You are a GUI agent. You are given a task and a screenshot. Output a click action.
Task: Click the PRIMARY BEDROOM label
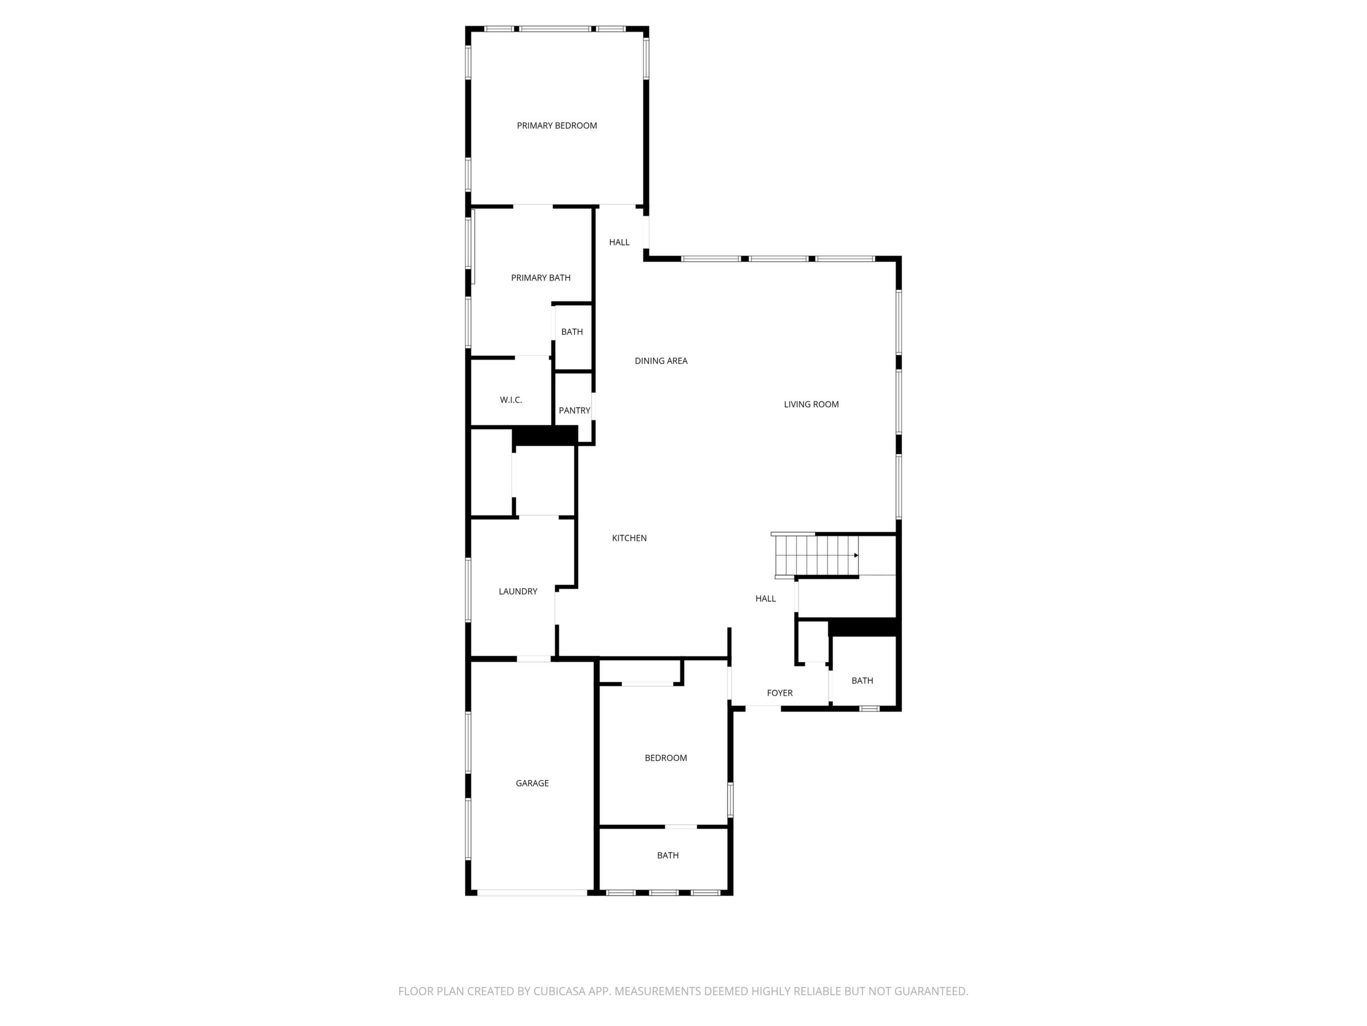(x=557, y=126)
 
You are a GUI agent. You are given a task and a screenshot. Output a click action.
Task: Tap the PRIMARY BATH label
(x=541, y=278)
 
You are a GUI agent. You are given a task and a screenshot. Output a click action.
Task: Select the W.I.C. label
(x=511, y=400)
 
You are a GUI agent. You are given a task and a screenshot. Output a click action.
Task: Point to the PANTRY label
(x=575, y=411)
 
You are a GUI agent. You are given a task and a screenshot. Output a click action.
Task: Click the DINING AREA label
(x=661, y=361)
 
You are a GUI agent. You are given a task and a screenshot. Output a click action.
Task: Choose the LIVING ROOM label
(x=812, y=404)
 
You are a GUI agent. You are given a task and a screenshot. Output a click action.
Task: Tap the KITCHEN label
(x=629, y=538)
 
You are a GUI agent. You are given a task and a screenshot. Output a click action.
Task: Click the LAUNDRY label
(x=518, y=591)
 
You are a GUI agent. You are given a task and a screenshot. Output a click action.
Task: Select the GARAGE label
(x=532, y=783)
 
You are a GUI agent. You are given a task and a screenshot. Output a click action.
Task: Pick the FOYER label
(x=780, y=693)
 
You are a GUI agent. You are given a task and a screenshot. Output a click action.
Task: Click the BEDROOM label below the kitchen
(x=665, y=757)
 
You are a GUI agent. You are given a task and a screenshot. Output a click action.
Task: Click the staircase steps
(x=815, y=555)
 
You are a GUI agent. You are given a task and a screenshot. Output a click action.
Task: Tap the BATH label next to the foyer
(x=862, y=681)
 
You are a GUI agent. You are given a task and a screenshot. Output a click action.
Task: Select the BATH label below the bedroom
(x=668, y=856)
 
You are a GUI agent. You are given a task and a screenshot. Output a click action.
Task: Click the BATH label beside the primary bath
(x=572, y=332)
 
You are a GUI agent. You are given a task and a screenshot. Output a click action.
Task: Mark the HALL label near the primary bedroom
(x=619, y=242)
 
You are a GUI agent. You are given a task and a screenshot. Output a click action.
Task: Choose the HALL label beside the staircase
(x=766, y=598)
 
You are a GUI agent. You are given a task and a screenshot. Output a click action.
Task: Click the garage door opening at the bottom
(x=532, y=892)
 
